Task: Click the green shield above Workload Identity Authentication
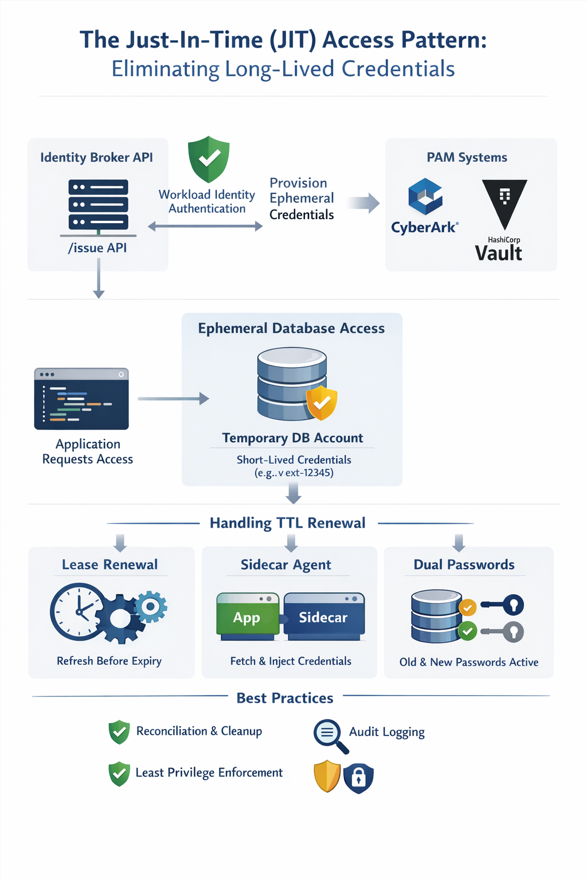[209, 159]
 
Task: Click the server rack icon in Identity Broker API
[98, 205]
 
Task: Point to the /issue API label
[97, 248]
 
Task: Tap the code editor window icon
[81, 399]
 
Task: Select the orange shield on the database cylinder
[322, 403]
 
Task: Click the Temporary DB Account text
[292, 438]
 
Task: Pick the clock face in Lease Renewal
[78, 611]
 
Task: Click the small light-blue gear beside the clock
[151, 607]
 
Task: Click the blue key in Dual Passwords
[504, 605]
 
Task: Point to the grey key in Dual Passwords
[504, 631]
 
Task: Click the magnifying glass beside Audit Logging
[330, 735]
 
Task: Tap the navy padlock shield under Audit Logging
[358, 778]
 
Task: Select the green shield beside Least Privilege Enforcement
[119, 774]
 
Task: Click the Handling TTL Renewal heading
[287, 523]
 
